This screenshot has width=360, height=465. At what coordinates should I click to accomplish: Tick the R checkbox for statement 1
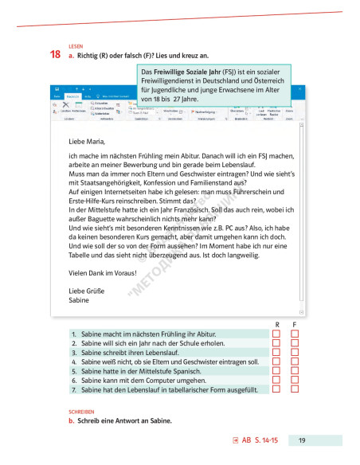pyautogui.click(x=276, y=334)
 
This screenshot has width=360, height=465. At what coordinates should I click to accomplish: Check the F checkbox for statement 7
pyautogui.click(x=294, y=389)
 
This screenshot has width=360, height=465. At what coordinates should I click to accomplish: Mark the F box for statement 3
pyautogui.click(x=294, y=352)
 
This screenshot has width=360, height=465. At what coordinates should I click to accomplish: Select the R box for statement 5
pyautogui.click(x=276, y=371)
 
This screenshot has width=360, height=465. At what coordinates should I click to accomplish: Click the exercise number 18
pyautogui.click(x=55, y=55)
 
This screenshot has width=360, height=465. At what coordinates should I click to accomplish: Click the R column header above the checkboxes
pyautogui.click(x=276, y=324)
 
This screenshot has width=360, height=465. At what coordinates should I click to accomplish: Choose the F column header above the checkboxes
pyautogui.click(x=294, y=324)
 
